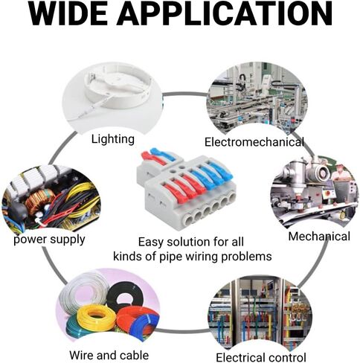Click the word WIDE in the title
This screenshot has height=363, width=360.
(x=68, y=13)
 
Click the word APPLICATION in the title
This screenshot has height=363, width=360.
(x=225, y=13)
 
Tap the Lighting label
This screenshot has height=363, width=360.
(x=113, y=139)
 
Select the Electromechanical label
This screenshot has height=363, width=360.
(x=254, y=142)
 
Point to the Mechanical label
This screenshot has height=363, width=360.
(x=319, y=237)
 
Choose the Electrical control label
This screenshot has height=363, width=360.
(x=261, y=358)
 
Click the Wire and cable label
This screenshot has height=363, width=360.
(x=109, y=355)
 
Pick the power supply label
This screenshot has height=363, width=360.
(x=49, y=240)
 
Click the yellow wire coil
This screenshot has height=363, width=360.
(x=96, y=318)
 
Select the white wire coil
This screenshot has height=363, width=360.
(x=84, y=291)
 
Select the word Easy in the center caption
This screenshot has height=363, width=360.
(x=150, y=242)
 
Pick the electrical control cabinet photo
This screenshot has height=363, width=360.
(x=260, y=313)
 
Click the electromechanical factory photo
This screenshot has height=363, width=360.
(x=257, y=99)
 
